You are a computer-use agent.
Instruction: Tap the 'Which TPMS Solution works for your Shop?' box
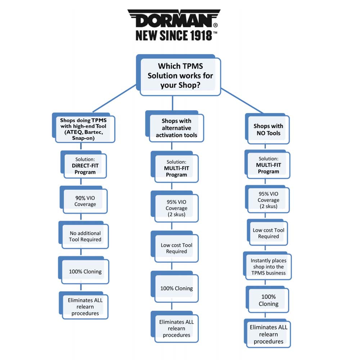click(x=180, y=76)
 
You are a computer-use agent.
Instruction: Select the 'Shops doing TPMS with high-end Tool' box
click(x=83, y=129)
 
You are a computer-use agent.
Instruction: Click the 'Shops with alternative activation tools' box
click(x=176, y=128)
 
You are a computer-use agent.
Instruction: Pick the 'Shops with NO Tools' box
click(x=268, y=130)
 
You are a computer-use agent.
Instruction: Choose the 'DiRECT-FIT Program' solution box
click(x=85, y=166)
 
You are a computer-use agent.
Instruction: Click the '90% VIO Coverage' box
click(x=85, y=201)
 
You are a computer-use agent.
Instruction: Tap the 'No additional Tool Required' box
click(x=85, y=236)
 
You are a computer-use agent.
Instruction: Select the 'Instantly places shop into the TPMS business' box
click(x=268, y=267)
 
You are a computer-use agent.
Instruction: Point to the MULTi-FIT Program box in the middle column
click(x=176, y=168)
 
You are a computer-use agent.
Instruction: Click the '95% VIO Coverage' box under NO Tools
click(x=268, y=200)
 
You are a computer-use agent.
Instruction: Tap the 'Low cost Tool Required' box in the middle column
click(x=176, y=248)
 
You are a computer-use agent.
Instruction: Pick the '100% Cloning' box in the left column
click(x=85, y=271)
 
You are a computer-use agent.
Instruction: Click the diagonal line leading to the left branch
click(x=114, y=98)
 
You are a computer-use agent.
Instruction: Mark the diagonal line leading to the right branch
click(x=242, y=100)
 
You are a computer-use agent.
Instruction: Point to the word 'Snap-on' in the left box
click(x=83, y=138)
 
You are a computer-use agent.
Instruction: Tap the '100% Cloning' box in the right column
click(x=268, y=300)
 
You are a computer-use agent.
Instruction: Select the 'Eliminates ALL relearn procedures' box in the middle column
click(x=176, y=328)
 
